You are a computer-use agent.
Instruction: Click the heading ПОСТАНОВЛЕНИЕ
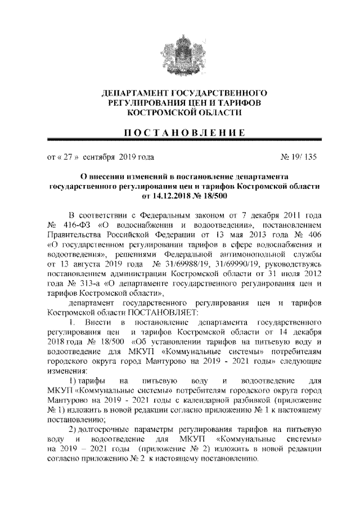click(x=180, y=133)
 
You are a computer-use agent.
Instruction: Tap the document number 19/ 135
click(x=303, y=157)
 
